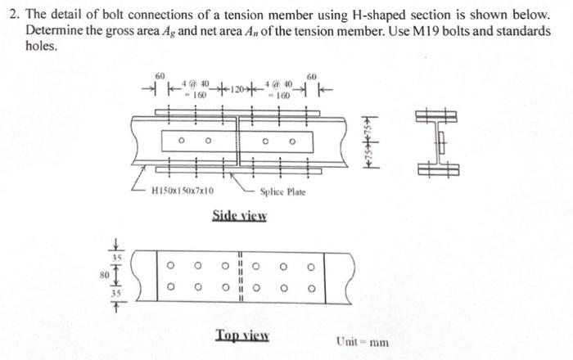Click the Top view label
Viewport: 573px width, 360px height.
243,335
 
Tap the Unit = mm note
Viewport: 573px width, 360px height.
362,340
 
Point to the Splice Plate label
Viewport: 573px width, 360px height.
282,191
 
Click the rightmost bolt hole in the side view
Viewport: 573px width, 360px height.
291,141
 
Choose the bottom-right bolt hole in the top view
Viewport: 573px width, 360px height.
310,287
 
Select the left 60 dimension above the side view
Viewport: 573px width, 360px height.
160,75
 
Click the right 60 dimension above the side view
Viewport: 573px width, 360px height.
311,75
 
